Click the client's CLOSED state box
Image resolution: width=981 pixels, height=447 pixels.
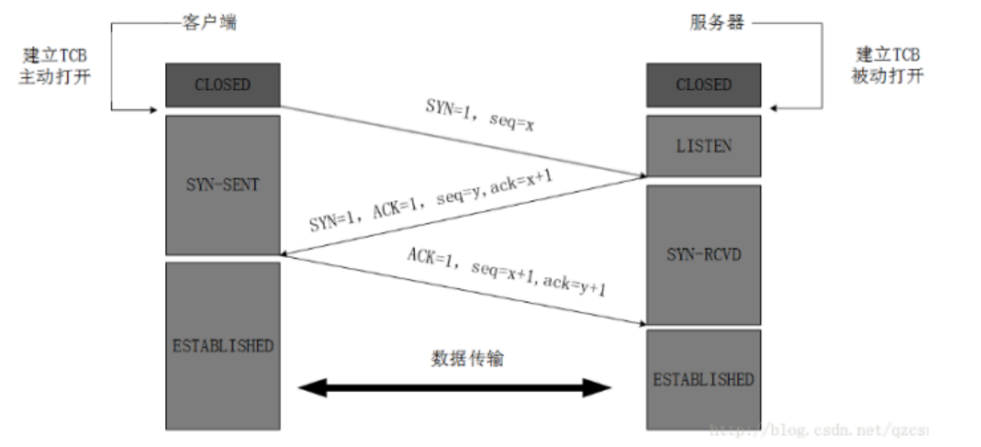tap(222, 85)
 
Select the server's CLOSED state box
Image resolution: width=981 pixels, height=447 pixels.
tap(703, 85)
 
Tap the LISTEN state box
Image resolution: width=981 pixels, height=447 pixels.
tap(703, 146)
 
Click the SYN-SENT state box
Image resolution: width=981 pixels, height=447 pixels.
tap(222, 185)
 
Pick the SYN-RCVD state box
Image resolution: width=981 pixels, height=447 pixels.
tap(703, 255)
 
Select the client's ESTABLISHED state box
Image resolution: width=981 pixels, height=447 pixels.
tap(222, 345)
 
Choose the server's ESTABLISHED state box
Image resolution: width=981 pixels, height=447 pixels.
tap(703, 380)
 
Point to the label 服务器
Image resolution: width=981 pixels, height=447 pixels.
tap(717, 22)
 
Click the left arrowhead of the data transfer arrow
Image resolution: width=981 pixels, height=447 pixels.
tap(311, 387)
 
